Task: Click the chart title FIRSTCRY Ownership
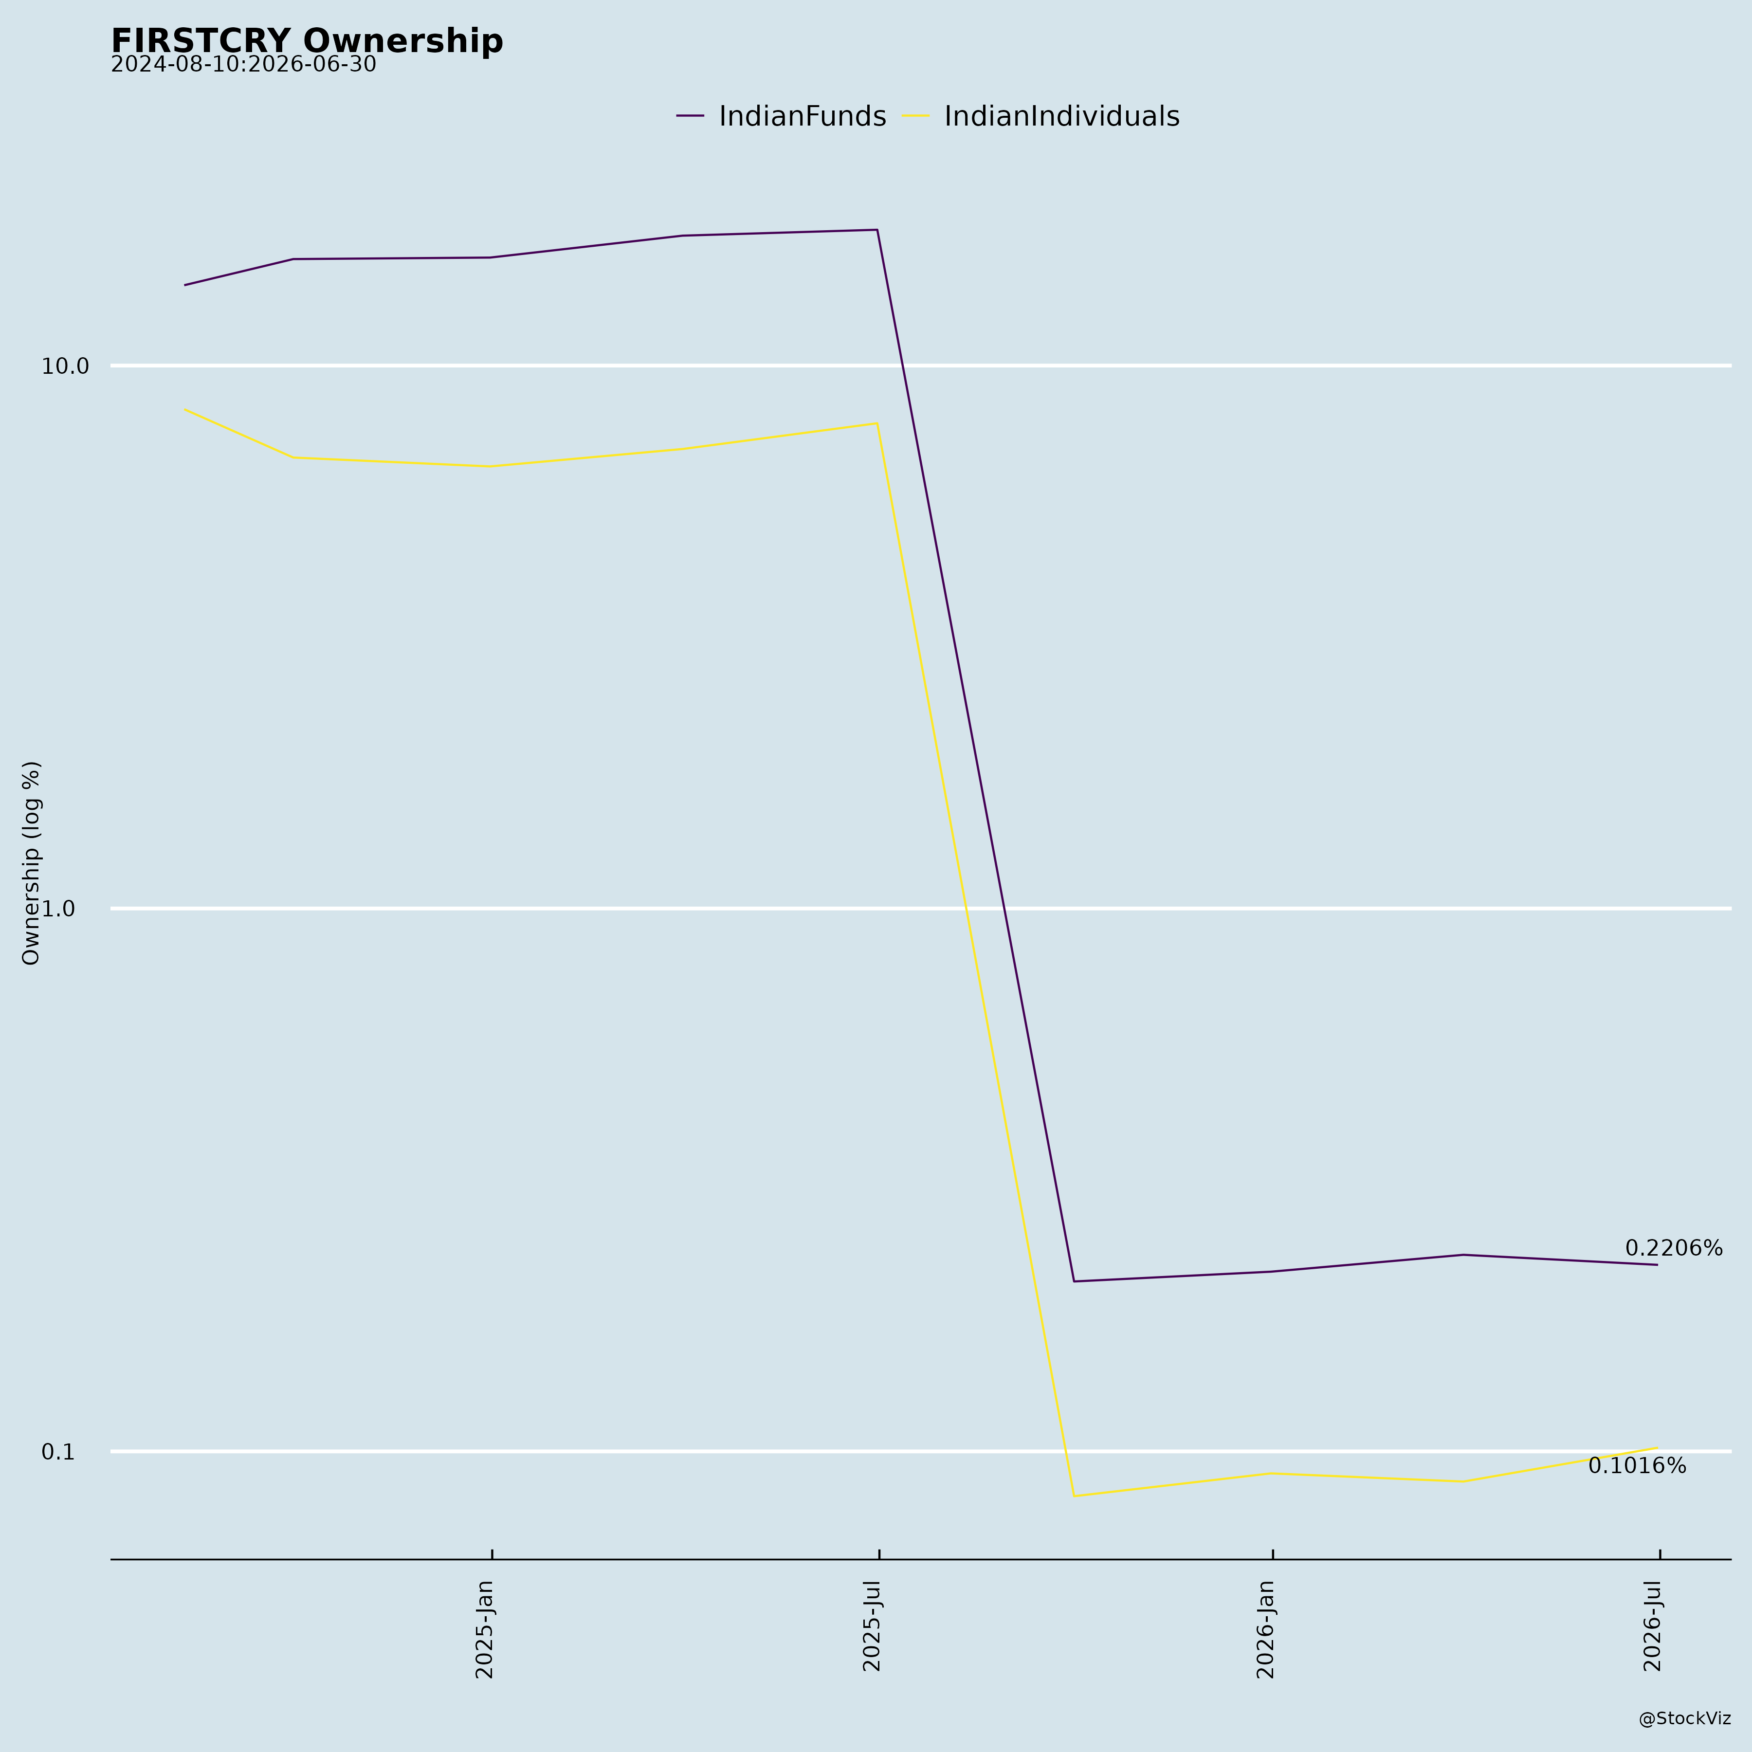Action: point(307,41)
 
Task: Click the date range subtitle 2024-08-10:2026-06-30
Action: point(243,64)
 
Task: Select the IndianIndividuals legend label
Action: point(1062,116)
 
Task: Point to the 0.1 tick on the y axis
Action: point(57,1452)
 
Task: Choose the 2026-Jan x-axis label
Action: point(1266,1629)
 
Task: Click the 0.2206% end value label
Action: point(1673,1249)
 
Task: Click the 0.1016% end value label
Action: point(1637,1466)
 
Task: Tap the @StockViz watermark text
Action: point(1684,1718)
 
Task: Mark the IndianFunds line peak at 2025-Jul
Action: point(877,229)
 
